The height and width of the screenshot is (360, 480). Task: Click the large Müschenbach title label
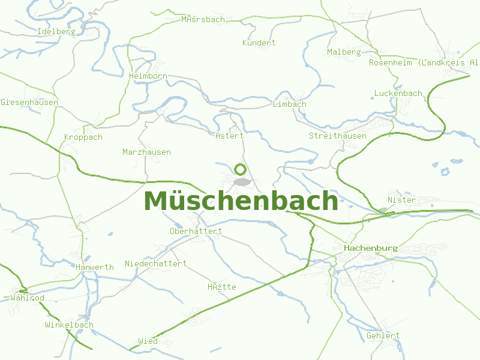[241, 201]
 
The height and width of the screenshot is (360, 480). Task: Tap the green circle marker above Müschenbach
[240, 170]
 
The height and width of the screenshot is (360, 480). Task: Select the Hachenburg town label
[371, 248]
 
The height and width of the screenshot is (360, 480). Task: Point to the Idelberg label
[56, 32]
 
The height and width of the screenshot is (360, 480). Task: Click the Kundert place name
[259, 43]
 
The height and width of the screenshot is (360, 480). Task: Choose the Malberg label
[344, 52]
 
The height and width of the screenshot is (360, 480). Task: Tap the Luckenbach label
[398, 94]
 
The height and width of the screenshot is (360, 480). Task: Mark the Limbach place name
[289, 104]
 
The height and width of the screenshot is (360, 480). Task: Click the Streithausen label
[337, 136]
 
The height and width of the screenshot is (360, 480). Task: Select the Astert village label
[229, 136]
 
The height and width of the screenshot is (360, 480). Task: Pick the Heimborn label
[148, 76]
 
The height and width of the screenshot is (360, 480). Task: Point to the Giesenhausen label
[29, 103]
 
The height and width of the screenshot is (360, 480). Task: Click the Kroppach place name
[83, 137]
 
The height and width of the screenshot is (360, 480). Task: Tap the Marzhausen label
[146, 152]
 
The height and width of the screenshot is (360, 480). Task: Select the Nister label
[401, 200]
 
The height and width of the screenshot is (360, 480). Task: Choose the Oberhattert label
[196, 232]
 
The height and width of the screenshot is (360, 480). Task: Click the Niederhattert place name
[155, 264]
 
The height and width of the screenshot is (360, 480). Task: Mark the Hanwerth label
[94, 268]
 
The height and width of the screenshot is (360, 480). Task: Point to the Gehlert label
[383, 336]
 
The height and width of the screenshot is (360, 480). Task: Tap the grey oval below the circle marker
[241, 182]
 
